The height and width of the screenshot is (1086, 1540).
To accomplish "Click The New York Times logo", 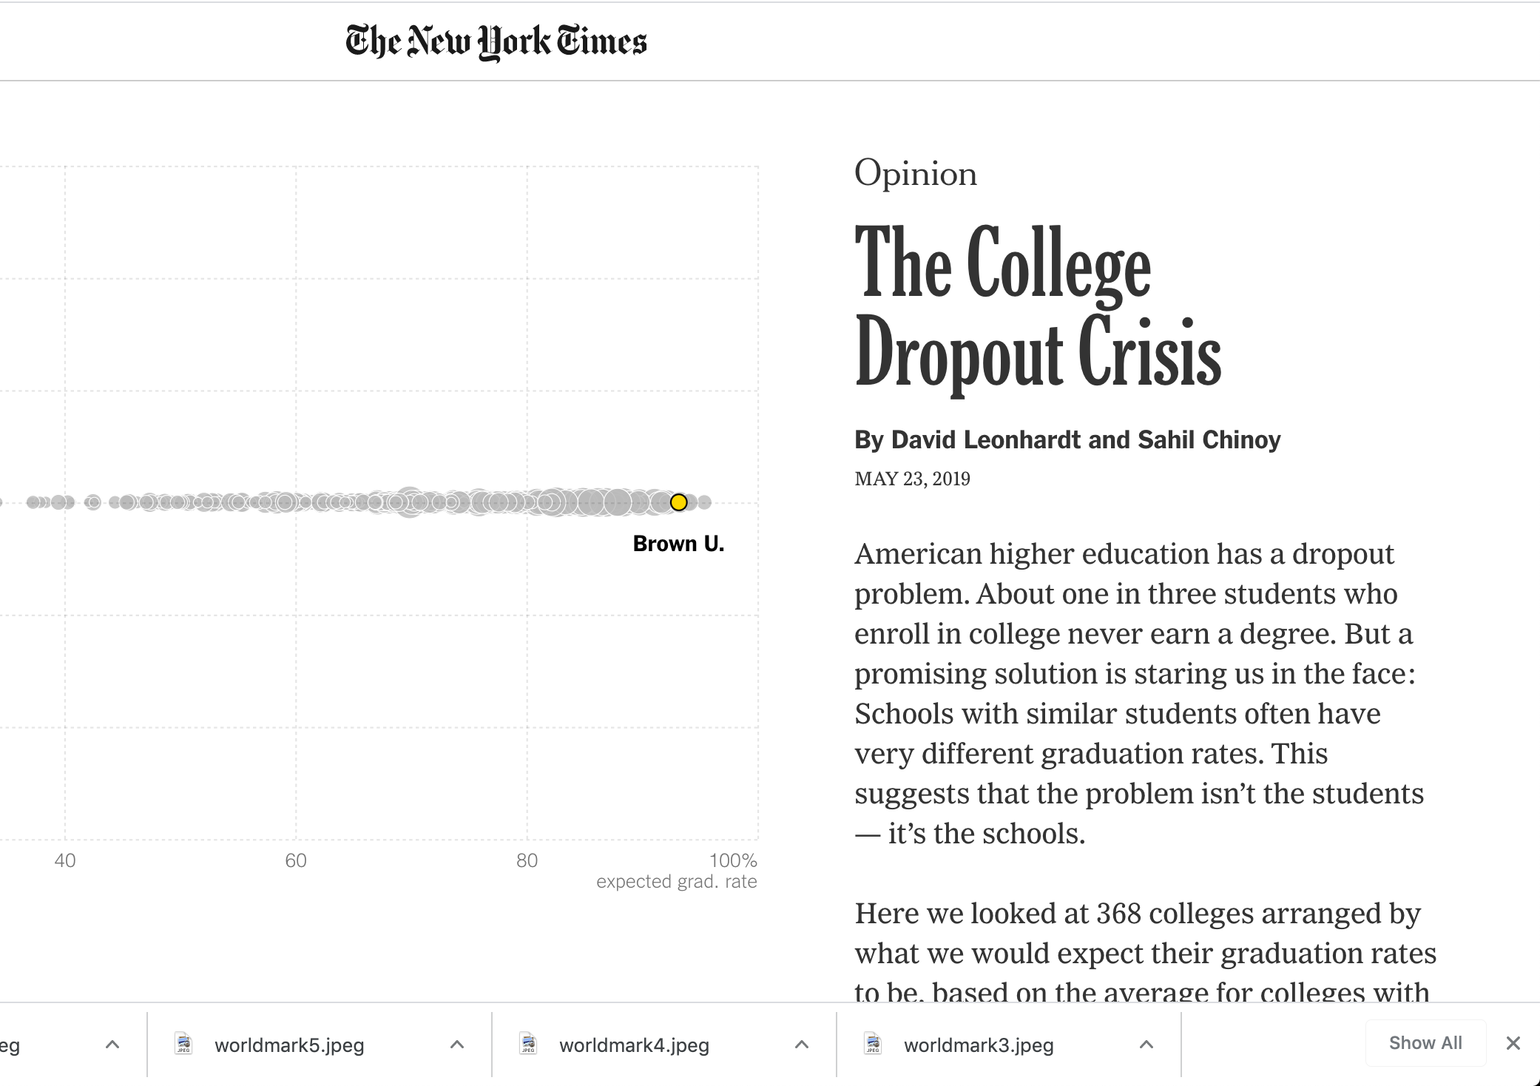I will tap(496, 41).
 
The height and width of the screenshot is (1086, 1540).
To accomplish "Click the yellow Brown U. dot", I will tap(678, 502).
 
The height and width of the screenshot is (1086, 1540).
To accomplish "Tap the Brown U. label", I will tap(678, 544).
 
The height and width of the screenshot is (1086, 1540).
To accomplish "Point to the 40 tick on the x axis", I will tap(65, 860).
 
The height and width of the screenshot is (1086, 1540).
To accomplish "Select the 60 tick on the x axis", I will tap(296, 860).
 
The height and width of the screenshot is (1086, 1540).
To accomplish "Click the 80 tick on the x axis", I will tap(527, 860).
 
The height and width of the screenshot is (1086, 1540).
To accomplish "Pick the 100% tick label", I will tap(733, 860).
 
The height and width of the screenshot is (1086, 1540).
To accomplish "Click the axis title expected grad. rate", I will tap(676, 881).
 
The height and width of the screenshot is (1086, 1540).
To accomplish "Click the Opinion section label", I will tap(915, 174).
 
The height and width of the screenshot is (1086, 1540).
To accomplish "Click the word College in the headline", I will tap(1058, 265).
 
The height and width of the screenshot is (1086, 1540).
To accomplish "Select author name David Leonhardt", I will tap(985, 439).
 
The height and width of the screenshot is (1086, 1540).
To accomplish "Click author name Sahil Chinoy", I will tap(1209, 439).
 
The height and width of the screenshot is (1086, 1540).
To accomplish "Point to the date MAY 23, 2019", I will tap(912, 479).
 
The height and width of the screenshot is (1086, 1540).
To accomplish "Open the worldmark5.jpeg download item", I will tap(288, 1045).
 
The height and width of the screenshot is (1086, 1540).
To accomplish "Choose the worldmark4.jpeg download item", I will tap(633, 1045).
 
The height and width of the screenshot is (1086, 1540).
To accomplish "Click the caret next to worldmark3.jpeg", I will tap(1146, 1045).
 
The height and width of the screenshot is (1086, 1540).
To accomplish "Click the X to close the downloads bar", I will tap(1513, 1043).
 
